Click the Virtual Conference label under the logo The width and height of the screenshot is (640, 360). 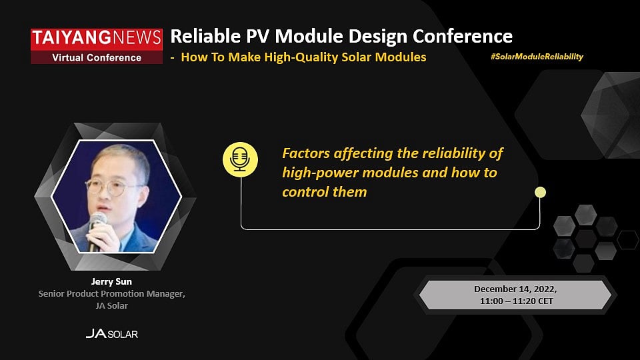coord(97,57)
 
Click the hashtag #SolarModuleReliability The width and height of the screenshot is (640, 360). coord(536,57)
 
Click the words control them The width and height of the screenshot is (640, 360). coord(324,192)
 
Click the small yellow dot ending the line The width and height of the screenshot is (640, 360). coord(540,193)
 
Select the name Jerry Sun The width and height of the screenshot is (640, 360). coord(111,281)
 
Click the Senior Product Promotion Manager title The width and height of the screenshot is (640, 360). coord(111,293)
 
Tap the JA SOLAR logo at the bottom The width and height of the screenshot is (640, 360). coord(111,333)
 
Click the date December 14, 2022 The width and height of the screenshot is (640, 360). coord(515,289)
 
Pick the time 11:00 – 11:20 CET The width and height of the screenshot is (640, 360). coord(515,301)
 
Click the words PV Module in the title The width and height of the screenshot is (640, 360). coord(288,36)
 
